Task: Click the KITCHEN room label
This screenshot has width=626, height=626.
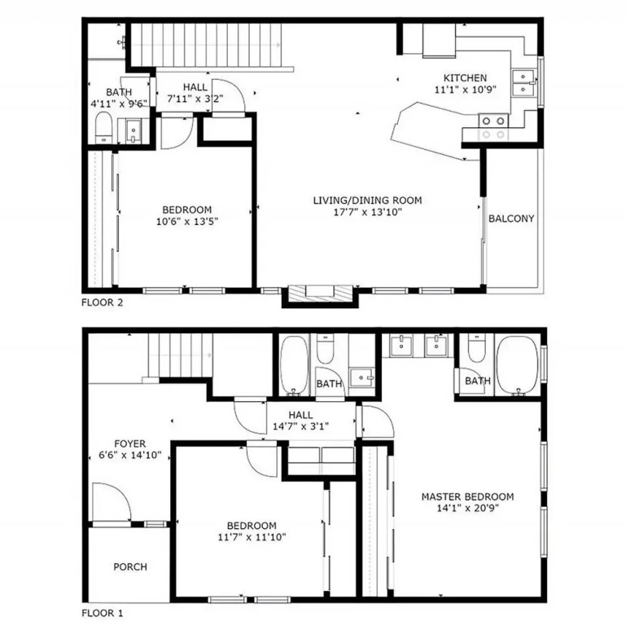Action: [x=465, y=77]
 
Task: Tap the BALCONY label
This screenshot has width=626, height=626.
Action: [x=511, y=218]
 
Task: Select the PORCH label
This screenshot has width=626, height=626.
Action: [x=130, y=566]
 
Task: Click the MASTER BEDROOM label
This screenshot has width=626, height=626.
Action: [x=467, y=496]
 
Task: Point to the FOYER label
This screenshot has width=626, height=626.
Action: [x=129, y=443]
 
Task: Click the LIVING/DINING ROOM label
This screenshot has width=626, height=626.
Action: [x=367, y=200]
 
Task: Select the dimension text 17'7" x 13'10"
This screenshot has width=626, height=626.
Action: [x=367, y=211]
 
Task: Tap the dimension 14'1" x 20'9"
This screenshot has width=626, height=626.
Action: [x=467, y=508]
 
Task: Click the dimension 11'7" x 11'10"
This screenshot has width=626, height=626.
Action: [x=252, y=537]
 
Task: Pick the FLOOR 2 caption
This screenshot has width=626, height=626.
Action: [x=103, y=302]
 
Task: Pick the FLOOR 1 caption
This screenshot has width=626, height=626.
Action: [x=103, y=613]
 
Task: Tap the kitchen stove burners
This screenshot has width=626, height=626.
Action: [x=493, y=127]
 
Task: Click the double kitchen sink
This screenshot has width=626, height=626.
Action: [x=523, y=83]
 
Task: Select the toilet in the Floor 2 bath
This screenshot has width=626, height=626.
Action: [x=104, y=127]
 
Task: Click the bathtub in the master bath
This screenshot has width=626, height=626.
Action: [x=519, y=364]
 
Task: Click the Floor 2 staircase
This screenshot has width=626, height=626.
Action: [x=207, y=45]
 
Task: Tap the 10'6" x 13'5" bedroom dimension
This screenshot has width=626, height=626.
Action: [x=187, y=221]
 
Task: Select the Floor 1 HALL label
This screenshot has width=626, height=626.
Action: [x=300, y=415]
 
